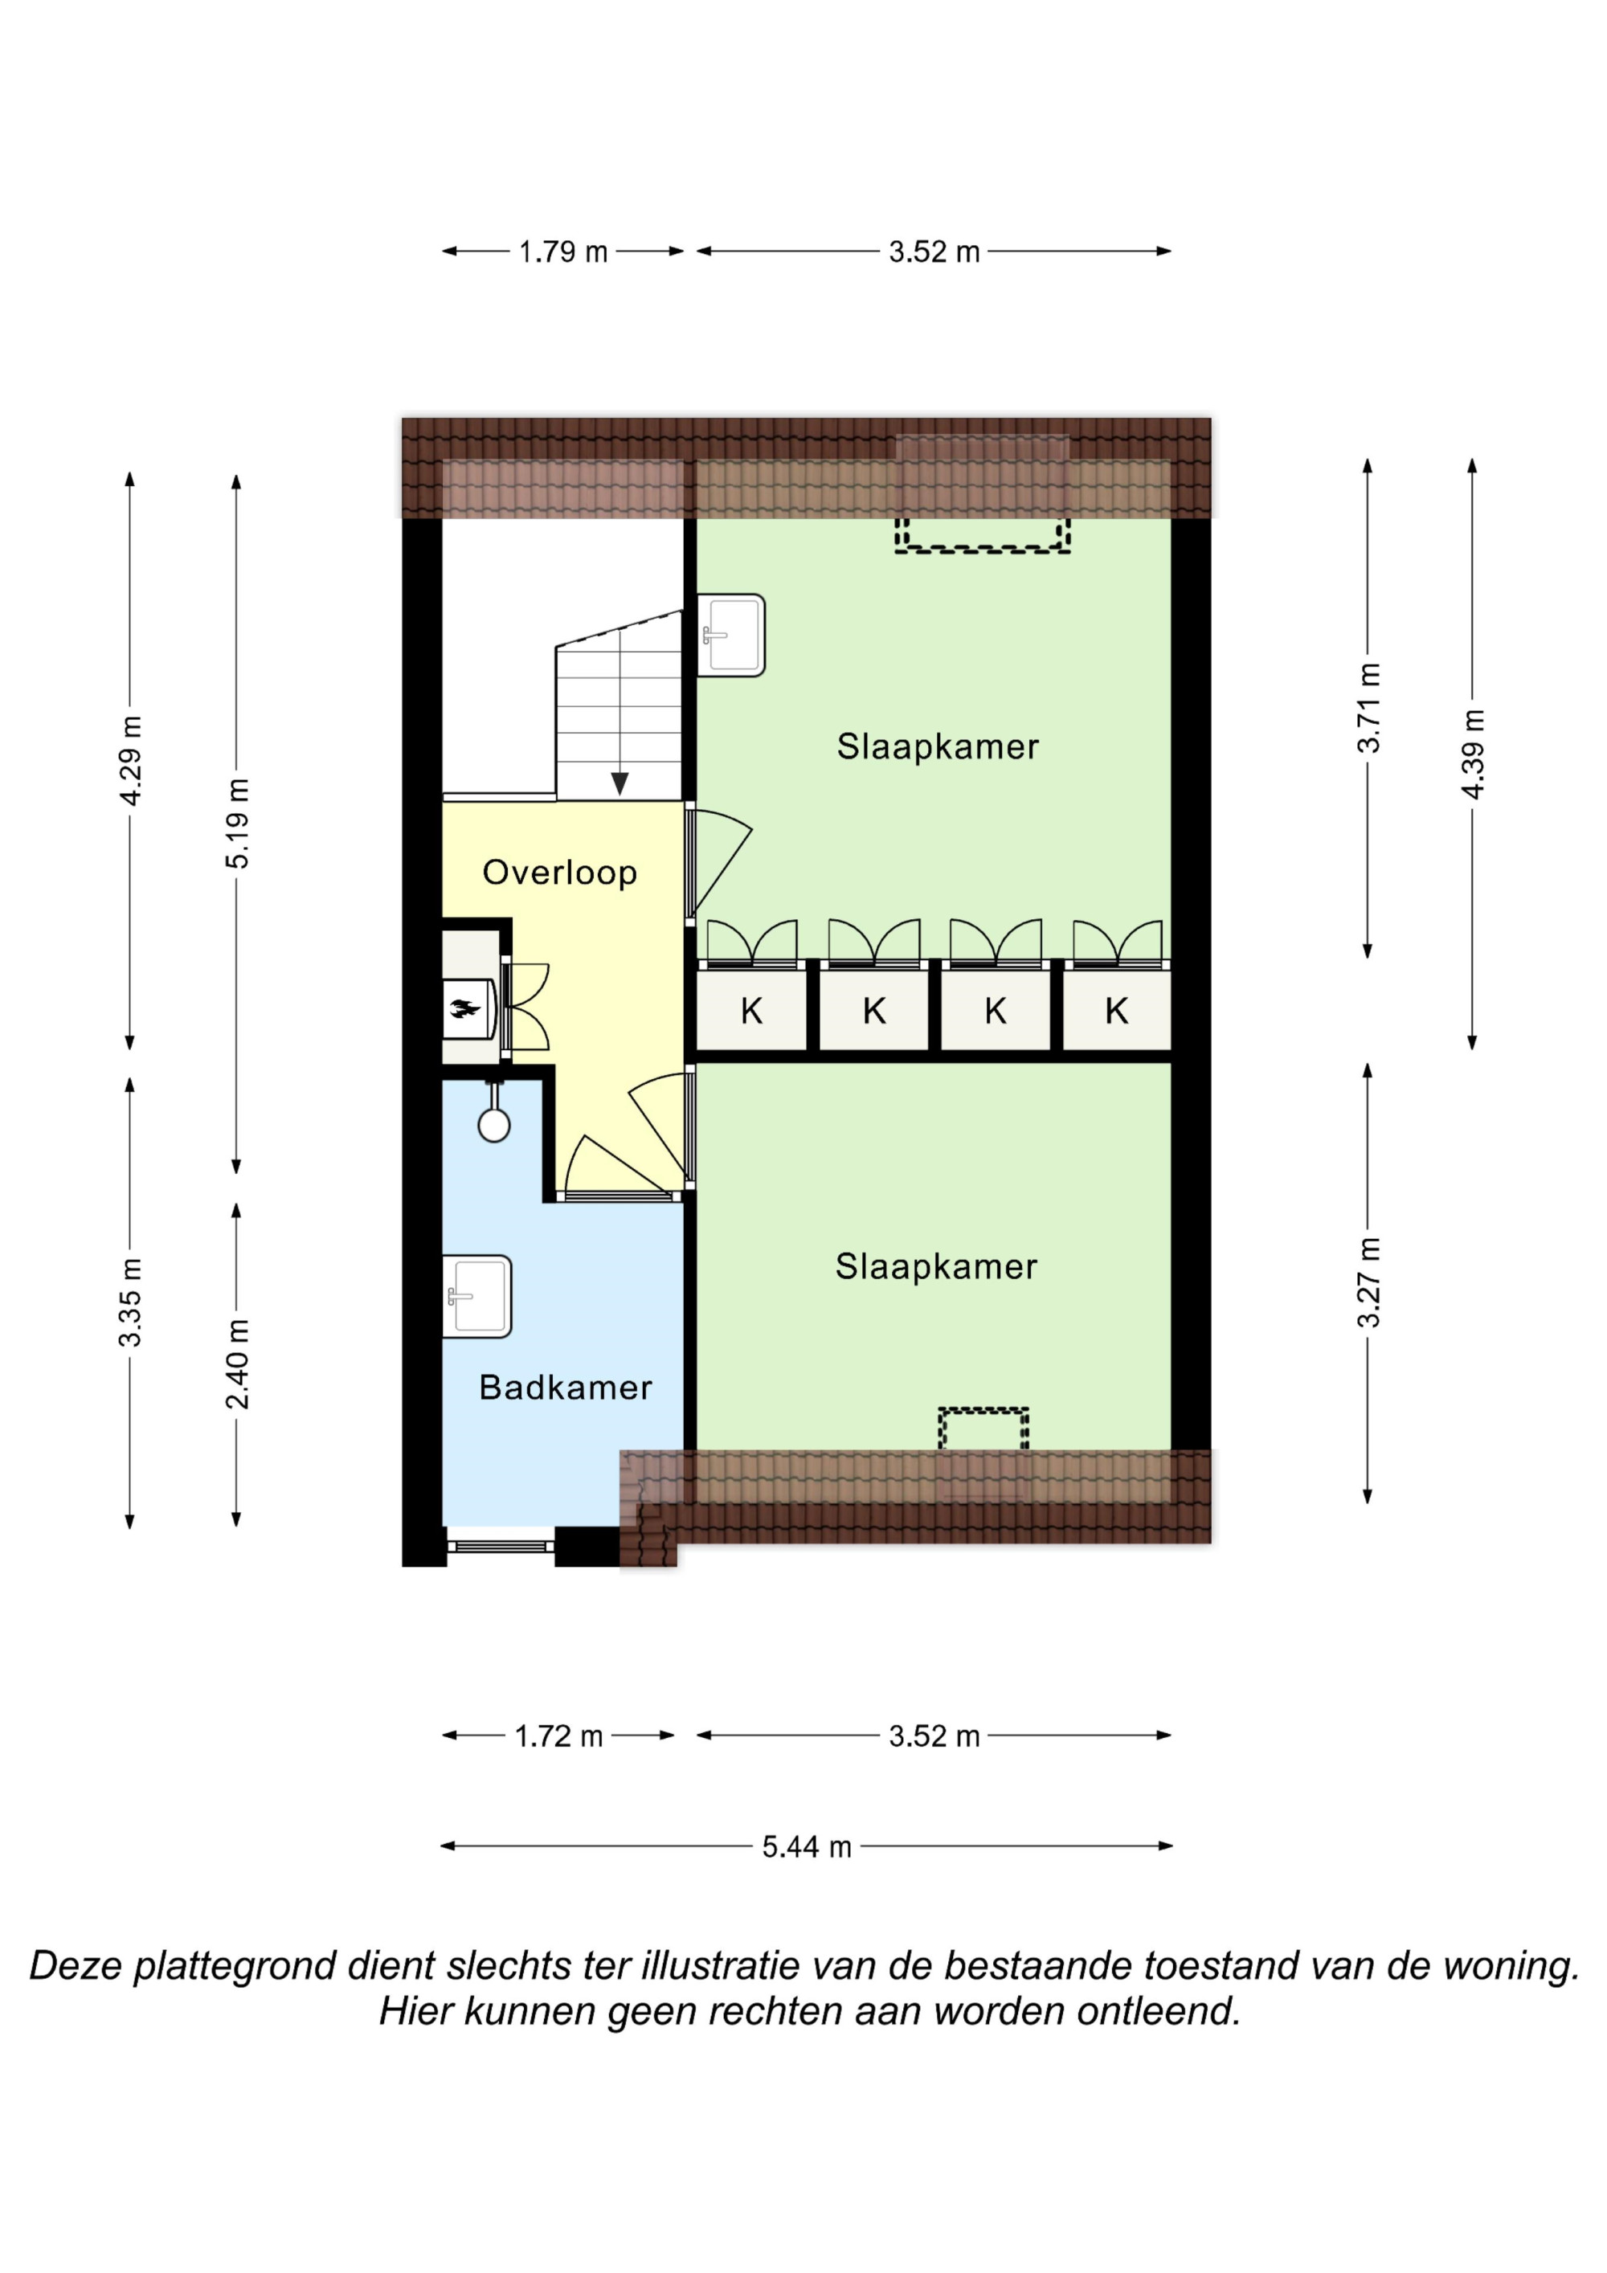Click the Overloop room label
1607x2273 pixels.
coord(559,873)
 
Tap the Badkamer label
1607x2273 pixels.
coord(566,1387)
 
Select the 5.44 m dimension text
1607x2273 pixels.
coord(806,1846)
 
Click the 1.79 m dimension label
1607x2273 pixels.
coord(563,251)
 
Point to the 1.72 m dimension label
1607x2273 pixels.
coord(558,1735)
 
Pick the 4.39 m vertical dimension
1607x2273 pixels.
coord(1472,754)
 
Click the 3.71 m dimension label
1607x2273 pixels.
coord(1368,708)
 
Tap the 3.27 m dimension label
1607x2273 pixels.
coord(1368,1282)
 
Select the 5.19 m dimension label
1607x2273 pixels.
coord(237,824)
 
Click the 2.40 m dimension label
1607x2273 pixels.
coord(237,1363)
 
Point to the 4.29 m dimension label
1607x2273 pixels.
coord(129,760)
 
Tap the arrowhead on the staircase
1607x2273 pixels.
coord(619,783)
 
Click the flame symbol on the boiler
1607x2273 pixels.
coord(464,1009)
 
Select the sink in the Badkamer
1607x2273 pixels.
coord(476,1296)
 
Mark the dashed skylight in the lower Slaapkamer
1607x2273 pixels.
coord(983,1429)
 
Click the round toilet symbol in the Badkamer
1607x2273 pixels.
coord(494,1125)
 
